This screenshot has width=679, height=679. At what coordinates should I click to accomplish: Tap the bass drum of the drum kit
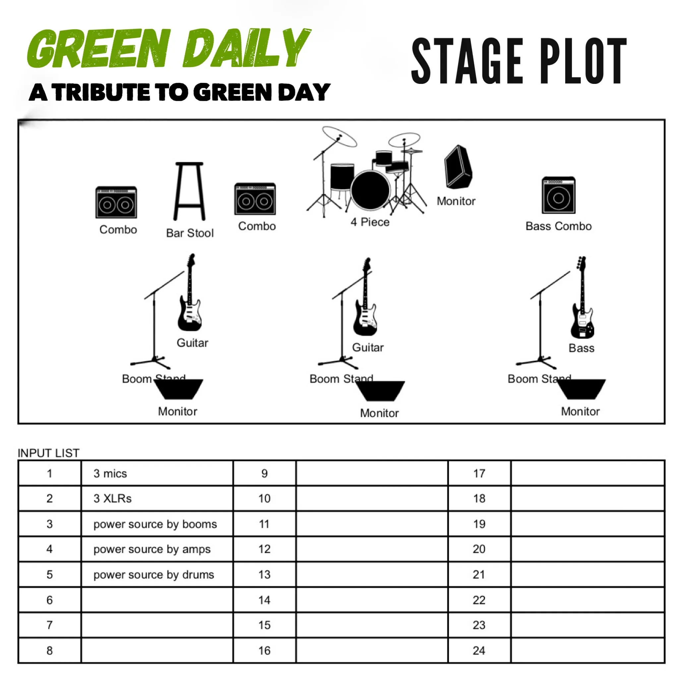tap(370, 190)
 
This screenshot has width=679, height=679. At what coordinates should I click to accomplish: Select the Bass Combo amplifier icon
tap(558, 195)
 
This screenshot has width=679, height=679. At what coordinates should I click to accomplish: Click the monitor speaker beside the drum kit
tap(458, 167)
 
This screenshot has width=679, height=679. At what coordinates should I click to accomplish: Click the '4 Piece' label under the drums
tap(370, 222)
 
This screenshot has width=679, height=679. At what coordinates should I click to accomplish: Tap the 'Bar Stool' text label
tap(190, 233)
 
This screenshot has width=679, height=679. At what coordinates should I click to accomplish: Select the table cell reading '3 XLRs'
tap(157, 498)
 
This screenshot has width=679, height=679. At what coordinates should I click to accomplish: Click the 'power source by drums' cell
tap(157, 575)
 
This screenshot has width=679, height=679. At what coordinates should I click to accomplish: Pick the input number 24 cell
tap(479, 650)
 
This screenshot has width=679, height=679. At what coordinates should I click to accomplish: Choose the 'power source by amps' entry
tap(157, 549)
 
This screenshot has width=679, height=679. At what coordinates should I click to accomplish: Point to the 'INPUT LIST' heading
tap(48, 453)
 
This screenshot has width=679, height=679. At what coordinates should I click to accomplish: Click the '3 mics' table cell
tap(157, 473)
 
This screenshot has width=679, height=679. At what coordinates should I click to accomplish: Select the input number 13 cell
tap(265, 575)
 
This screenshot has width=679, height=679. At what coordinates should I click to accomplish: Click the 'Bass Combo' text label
tap(558, 226)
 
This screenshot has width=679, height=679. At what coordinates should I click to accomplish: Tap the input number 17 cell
tap(479, 473)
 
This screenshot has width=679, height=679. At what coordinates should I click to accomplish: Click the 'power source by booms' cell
tap(157, 524)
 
